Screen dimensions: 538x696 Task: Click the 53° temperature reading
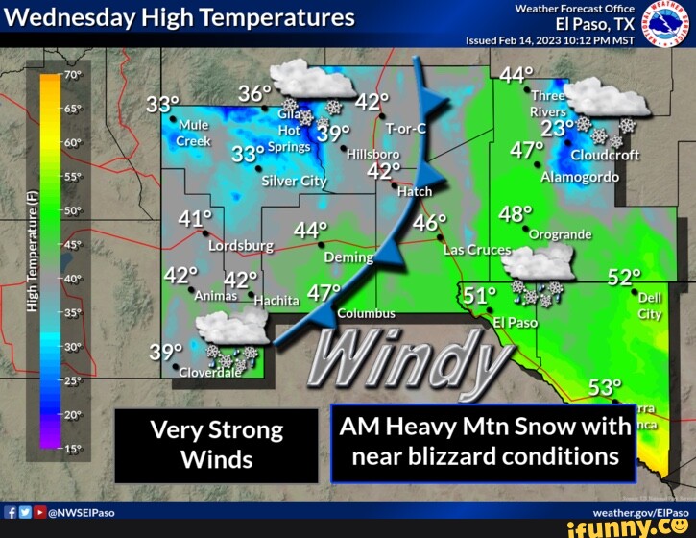click(604, 387)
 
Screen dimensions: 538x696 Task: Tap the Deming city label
click(348, 257)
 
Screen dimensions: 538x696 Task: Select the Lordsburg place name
click(241, 246)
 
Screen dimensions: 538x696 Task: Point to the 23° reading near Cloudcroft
click(558, 129)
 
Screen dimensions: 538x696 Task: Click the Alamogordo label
click(572, 177)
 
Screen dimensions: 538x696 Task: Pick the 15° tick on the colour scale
click(72, 449)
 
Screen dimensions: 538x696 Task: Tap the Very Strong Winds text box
click(216, 444)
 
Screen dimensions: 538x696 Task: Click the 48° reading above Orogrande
click(516, 214)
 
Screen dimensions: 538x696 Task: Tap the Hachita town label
click(276, 301)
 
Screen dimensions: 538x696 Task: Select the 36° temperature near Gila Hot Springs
click(255, 94)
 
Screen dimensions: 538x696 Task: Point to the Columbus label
click(366, 313)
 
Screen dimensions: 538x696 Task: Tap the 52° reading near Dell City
click(624, 278)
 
